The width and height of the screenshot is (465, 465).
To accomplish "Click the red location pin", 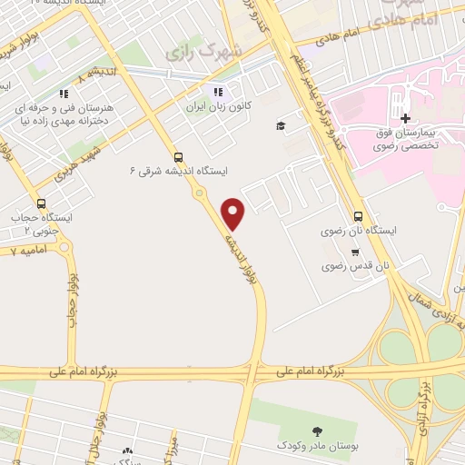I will click(234, 213).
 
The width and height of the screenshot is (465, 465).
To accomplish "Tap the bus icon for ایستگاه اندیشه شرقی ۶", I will click(177, 156).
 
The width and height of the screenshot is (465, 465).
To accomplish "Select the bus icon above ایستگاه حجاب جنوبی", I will click(41, 203).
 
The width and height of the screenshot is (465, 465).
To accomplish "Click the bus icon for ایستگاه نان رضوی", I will click(358, 217).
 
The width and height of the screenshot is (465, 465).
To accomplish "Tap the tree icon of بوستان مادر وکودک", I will click(316, 431).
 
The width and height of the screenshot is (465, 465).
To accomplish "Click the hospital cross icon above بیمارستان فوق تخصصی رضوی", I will click(405, 118).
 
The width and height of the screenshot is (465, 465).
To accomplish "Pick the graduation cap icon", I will click(281, 125).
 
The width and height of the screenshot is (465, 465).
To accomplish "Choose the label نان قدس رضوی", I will click(357, 267).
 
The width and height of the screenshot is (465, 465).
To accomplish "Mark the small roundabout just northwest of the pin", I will click(199, 193).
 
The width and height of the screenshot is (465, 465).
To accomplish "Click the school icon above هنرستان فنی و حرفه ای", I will click(63, 93).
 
